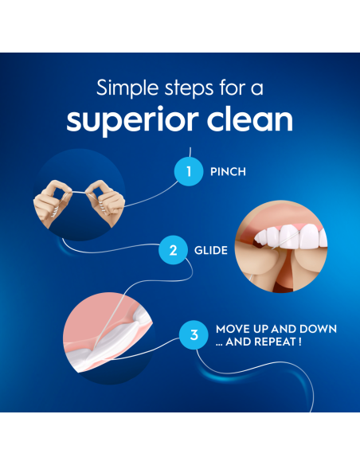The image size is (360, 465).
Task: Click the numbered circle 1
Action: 189,171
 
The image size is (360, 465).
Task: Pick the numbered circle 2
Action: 173,250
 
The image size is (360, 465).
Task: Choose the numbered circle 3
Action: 194,335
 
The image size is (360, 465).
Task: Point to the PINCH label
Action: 229,171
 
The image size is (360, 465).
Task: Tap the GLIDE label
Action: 211,250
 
